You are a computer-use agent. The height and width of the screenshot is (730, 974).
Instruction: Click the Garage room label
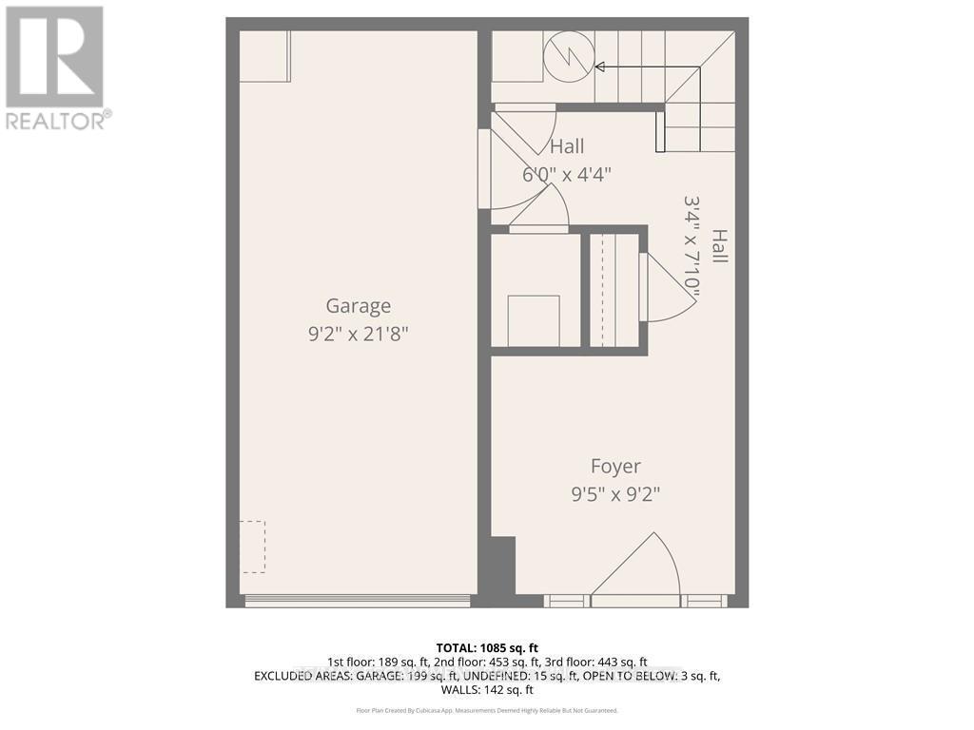point(359,306)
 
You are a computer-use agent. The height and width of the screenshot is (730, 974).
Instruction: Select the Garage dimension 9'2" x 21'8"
point(359,334)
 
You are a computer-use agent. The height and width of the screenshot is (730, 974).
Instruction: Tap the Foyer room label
point(615,467)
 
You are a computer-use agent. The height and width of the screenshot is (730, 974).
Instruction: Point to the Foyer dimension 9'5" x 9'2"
point(615,494)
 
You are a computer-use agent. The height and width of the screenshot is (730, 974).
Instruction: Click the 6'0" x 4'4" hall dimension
point(566,175)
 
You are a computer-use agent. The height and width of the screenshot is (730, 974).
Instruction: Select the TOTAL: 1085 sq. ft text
point(487,648)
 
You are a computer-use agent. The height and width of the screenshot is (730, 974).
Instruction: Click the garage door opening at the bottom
point(358,601)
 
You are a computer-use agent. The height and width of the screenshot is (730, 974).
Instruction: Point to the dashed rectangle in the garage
point(252,547)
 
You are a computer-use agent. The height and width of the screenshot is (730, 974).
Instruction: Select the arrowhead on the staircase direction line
point(599,67)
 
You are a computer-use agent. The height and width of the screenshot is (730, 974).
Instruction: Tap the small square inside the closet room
point(534,320)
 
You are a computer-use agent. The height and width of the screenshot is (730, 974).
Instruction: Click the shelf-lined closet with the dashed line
point(614,290)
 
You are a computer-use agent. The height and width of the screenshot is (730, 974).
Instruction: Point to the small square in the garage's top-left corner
point(264,56)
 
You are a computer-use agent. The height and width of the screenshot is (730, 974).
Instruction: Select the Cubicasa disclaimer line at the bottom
point(487,710)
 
